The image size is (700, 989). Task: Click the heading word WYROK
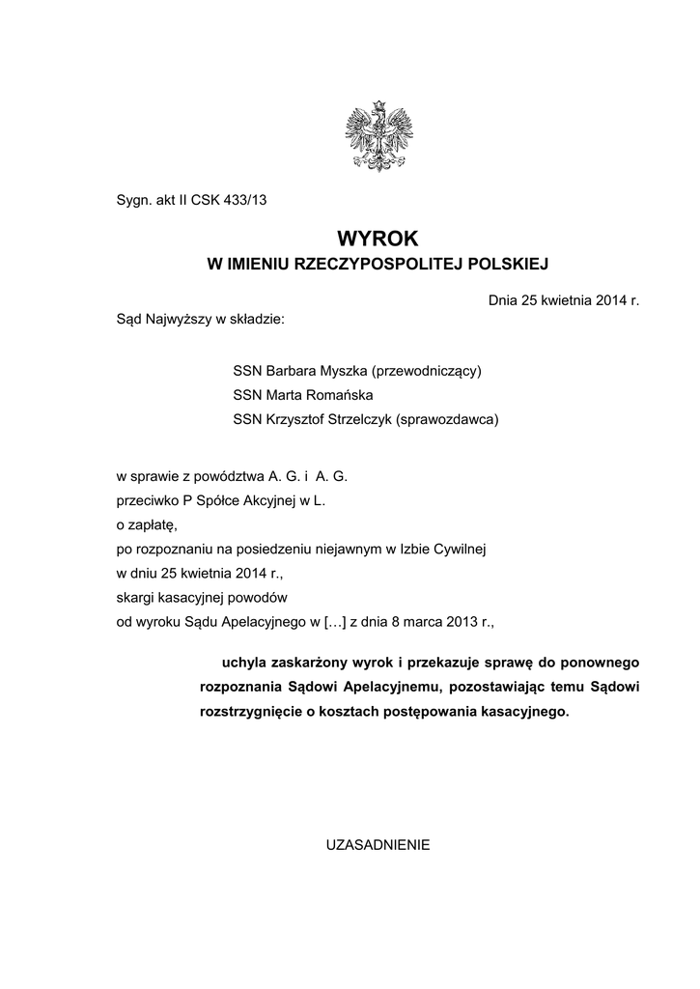pos(378,238)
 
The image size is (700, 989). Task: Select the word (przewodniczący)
pos(428,370)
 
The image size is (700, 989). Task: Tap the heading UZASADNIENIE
pos(378,843)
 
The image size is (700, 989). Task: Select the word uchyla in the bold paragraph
pos(244,664)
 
